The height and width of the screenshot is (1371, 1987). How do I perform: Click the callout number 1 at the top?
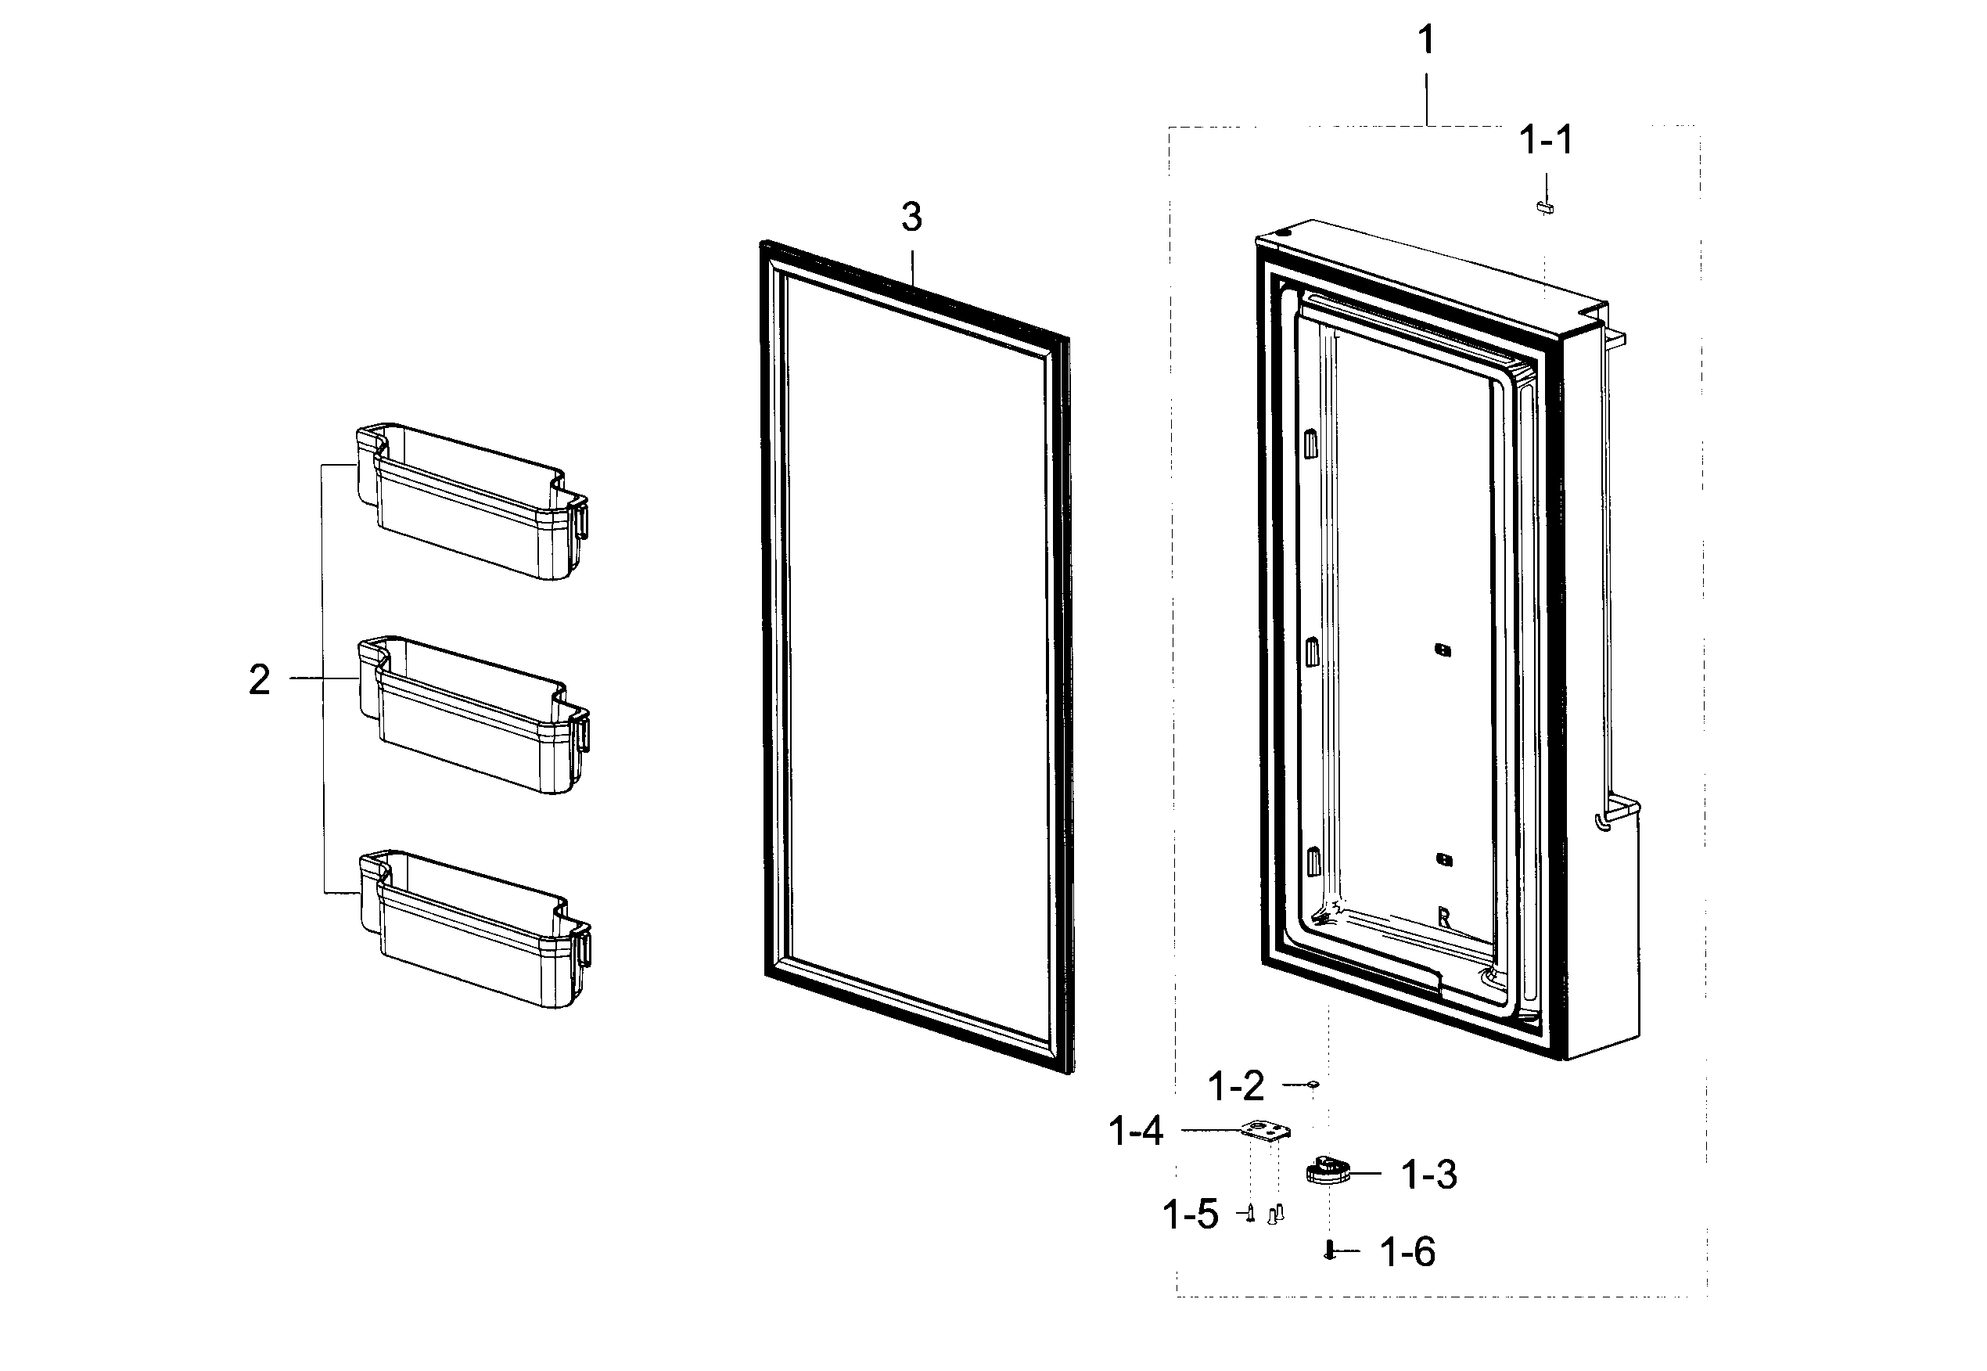click(1425, 39)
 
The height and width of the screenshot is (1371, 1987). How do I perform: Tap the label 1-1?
click(1546, 140)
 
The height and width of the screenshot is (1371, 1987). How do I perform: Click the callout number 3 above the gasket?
click(911, 218)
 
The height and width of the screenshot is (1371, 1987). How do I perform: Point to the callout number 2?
click(259, 680)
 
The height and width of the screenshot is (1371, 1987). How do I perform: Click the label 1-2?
click(1237, 1087)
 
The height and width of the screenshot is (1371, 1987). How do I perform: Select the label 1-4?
click(1136, 1132)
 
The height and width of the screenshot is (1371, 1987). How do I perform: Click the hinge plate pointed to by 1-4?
click(1265, 1132)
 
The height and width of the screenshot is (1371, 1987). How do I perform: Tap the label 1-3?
click(1429, 1175)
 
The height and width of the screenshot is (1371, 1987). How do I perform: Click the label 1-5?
click(1190, 1214)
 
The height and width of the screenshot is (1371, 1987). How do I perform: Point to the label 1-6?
click(1407, 1254)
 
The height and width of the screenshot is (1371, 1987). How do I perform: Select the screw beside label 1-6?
click(1329, 1250)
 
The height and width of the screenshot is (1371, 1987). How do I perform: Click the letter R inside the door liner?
click(1443, 918)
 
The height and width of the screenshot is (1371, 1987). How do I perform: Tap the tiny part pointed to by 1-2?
click(1313, 1085)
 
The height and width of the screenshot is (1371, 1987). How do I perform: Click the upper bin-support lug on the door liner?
click(1310, 444)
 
